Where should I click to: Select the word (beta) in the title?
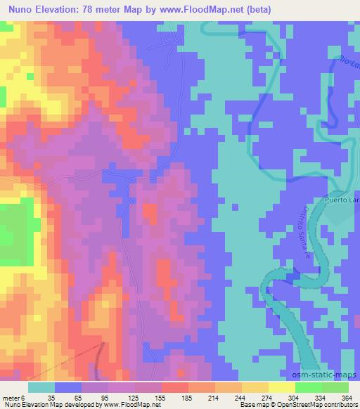coord(259,9)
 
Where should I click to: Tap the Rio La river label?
coord(348,66)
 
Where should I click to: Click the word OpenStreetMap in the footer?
coord(293,405)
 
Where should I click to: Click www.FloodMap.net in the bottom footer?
coord(131,405)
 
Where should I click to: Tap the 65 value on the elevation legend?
coord(79,398)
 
